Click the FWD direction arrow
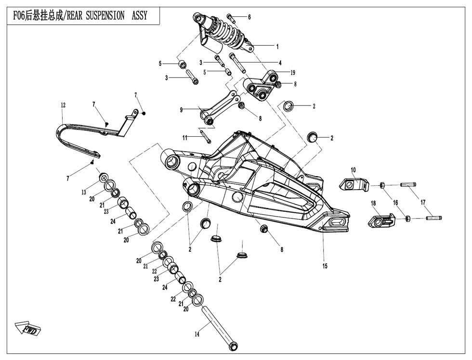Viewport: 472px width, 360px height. (28, 328)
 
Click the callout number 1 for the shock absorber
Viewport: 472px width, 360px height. (277, 46)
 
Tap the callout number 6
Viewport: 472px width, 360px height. (249, 17)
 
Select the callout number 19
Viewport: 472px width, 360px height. (293, 73)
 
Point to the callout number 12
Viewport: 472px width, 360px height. (63, 105)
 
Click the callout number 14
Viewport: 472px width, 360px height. (197, 334)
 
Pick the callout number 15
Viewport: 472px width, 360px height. (325, 266)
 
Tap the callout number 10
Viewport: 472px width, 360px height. (353, 170)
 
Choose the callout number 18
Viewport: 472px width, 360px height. (373, 204)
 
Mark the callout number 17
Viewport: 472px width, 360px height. (423, 203)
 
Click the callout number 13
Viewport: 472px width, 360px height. (84, 192)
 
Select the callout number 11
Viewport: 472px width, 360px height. (185, 138)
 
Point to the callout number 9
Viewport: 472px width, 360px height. (181, 110)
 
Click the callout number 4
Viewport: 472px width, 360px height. (280, 63)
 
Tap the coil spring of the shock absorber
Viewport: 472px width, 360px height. (229, 32)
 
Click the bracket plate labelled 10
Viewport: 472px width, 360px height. (354, 184)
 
